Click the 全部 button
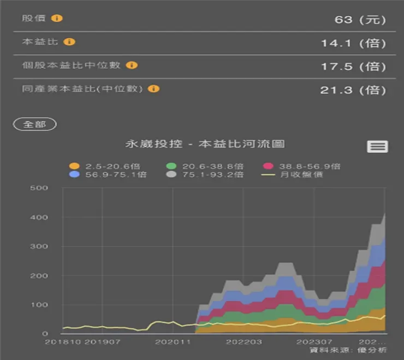[34, 124]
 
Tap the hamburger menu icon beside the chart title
[377, 146]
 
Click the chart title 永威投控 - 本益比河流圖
[205, 144]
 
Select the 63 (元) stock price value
[360, 20]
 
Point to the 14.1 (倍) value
[353, 43]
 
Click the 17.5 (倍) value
[353, 67]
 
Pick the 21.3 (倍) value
[353, 90]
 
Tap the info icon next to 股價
[57, 18]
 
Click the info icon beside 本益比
[69, 41]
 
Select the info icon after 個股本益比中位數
[132, 65]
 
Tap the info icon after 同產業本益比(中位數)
[154, 88]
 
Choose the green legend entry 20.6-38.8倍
[206, 166]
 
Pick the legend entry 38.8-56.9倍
[302, 166]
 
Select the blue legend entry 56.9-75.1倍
[109, 175]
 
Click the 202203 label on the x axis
[243, 342]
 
